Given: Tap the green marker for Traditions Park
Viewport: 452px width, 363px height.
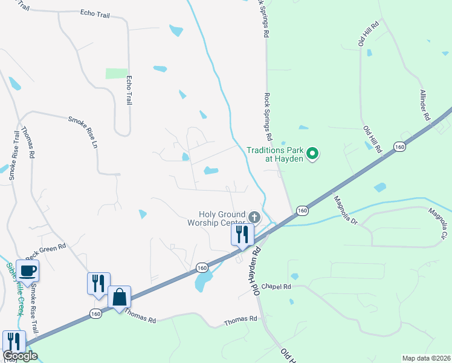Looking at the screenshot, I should pos(312,154).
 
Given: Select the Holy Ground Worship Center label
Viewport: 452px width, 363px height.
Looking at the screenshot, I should pos(223,218).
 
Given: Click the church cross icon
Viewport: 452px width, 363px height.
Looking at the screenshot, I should pos(254,217).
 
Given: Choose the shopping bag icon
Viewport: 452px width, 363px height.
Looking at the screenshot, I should pos(120,297).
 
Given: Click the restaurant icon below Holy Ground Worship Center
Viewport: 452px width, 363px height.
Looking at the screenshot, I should pos(242,235).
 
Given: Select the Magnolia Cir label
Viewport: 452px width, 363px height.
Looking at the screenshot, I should pos(438,223).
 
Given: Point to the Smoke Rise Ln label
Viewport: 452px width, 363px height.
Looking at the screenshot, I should pos(82,132).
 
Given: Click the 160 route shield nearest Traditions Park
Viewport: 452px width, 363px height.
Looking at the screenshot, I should pos(399,147).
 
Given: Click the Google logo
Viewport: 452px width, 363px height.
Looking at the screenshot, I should pos(20,356).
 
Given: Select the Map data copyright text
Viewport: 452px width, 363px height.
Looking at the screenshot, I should pos(426,358).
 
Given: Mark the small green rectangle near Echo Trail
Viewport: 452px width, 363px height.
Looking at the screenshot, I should pos(117,73).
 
